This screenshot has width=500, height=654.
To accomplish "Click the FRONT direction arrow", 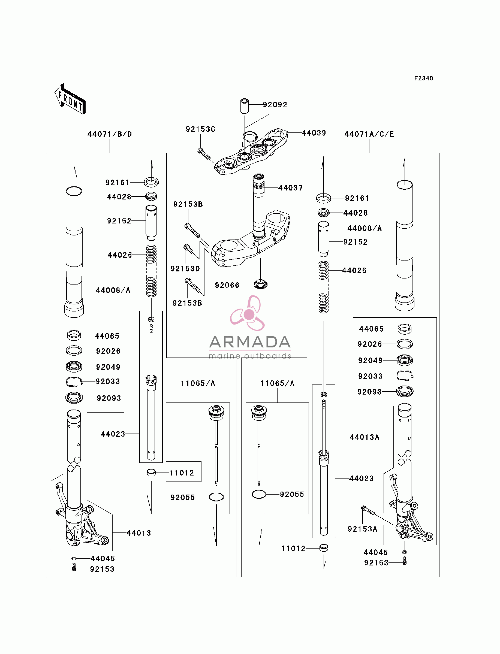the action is pyautogui.click(x=70, y=99).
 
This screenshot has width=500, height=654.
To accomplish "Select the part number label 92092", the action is pyautogui.click(x=275, y=105).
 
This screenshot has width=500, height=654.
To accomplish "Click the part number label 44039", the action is pyautogui.click(x=314, y=133).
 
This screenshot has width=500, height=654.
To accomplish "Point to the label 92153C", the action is pyautogui.click(x=200, y=129).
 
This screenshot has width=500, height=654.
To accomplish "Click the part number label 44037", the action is pyautogui.click(x=290, y=188).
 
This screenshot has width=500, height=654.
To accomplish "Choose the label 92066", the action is pyautogui.click(x=227, y=285).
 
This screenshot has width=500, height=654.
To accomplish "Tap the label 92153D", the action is pyautogui.click(x=185, y=269).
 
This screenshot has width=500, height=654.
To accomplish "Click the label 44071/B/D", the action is pyautogui.click(x=110, y=134).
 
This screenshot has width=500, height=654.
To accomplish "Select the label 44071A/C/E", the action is pyautogui.click(x=369, y=134).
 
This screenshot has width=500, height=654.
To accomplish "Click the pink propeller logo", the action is pyautogui.click(x=248, y=313).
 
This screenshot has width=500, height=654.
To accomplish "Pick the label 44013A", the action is pyautogui.click(x=365, y=437).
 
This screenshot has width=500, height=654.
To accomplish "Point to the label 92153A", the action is pyautogui.click(x=363, y=529).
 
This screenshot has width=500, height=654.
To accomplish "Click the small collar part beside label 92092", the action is pyautogui.click(x=244, y=106).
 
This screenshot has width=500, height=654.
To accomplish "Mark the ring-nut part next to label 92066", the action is pyautogui.click(x=260, y=284).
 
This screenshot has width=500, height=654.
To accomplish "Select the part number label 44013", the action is pyautogui.click(x=139, y=533).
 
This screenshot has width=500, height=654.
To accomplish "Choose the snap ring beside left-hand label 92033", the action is pyautogui.click(x=74, y=381).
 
